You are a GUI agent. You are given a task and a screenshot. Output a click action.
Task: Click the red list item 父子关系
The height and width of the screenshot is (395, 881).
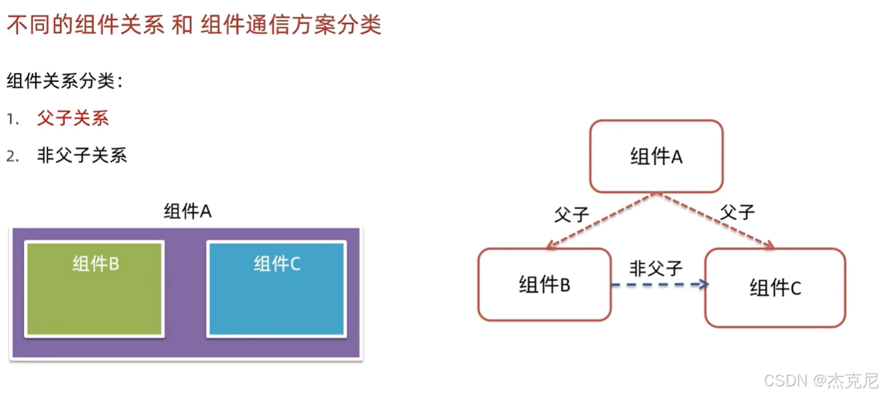tap(73, 119)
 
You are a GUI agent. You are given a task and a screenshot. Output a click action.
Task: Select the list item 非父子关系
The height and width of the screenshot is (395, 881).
tap(81, 156)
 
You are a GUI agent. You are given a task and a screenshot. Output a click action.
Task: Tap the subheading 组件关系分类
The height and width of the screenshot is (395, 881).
tap(65, 81)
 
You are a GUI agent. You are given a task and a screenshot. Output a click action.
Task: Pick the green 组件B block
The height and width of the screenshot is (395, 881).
tap(94, 289)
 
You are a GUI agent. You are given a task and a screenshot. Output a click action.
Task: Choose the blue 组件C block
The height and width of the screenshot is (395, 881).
tap(277, 289)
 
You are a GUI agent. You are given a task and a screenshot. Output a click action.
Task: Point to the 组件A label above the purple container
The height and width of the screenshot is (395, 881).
tap(187, 212)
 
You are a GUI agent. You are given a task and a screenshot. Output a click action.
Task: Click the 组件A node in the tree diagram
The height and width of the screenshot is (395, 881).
tap(656, 157)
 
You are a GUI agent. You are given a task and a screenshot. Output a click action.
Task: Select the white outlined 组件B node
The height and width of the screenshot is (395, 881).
tap(544, 285)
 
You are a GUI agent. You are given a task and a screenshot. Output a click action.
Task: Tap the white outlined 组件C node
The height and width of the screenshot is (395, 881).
tap(775, 288)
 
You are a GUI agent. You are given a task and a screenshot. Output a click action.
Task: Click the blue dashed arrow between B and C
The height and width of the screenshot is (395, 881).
tap(658, 284)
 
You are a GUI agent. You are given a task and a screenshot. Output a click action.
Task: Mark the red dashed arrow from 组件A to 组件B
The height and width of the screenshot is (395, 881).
tap(602, 220)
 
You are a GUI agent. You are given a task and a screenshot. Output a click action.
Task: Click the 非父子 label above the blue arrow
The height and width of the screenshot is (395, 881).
tap(656, 268)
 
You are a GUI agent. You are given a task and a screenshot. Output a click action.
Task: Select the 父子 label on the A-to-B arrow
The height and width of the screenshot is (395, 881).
tap(571, 214)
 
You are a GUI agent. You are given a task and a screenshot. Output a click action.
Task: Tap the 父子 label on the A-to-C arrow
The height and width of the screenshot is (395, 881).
tap(737, 212)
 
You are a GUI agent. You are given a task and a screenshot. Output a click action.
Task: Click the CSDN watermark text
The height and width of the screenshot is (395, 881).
tap(820, 380)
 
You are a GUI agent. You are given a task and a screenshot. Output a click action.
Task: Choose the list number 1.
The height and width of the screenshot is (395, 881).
tap(11, 119)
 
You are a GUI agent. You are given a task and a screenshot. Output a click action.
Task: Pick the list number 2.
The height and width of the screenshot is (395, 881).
tap(11, 157)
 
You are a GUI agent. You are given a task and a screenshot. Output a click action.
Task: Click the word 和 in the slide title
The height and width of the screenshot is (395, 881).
tap(182, 25)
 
